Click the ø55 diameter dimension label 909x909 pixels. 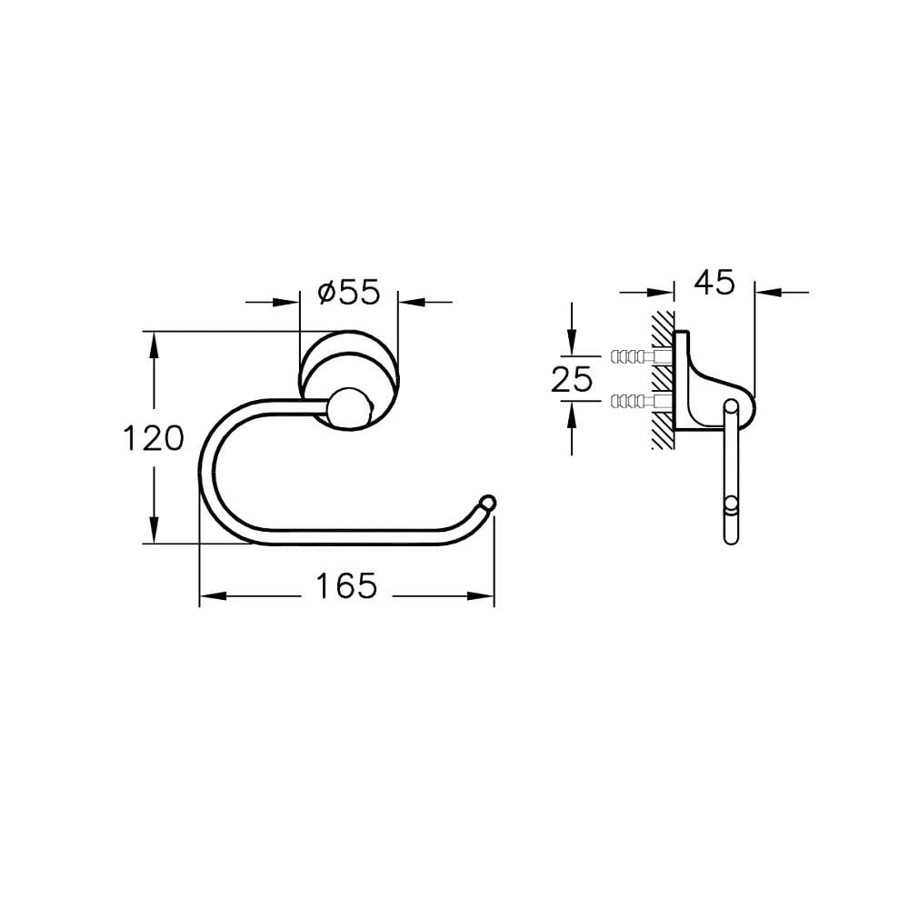tap(349, 292)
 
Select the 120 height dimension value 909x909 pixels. tap(154, 438)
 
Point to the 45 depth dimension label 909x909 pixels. tap(714, 283)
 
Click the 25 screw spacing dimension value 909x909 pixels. tap(572, 380)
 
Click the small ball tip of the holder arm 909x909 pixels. tap(487, 502)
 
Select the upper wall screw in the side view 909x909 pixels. tap(641, 356)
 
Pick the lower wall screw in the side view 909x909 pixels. tap(641, 400)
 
